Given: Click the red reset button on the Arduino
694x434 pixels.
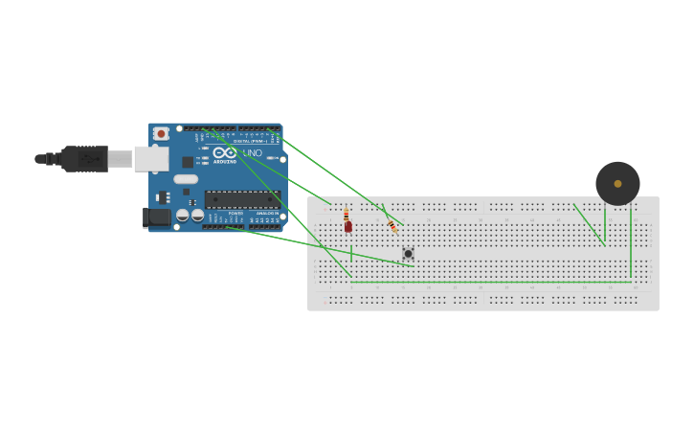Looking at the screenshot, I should [161, 133].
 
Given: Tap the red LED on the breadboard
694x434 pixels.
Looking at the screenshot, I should [348, 227].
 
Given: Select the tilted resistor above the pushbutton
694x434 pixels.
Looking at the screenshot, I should [392, 226].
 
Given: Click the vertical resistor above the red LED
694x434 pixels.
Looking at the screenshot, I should [346, 215].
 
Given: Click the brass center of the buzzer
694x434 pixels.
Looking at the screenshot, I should [617, 183].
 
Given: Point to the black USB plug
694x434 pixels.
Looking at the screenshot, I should [84, 158].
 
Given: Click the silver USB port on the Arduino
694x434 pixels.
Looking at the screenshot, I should [151, 158].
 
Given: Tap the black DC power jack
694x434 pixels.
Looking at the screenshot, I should [157, 218].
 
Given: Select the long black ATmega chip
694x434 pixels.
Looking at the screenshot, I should [242, 199].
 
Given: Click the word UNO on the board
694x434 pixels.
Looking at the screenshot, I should [253, 153].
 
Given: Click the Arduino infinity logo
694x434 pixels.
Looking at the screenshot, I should [225, 153].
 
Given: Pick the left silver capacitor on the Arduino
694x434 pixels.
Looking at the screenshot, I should [182, 217].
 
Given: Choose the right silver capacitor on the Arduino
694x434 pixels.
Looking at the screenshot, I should [197, 217].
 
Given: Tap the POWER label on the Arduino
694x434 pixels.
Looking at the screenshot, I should [235, 213].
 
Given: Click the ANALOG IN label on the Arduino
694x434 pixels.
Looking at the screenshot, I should [266, 213].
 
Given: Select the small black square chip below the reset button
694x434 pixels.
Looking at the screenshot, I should [188, 162].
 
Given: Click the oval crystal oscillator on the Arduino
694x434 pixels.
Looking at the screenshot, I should [186, 179].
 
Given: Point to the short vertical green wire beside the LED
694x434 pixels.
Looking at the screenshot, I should [351, 253].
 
